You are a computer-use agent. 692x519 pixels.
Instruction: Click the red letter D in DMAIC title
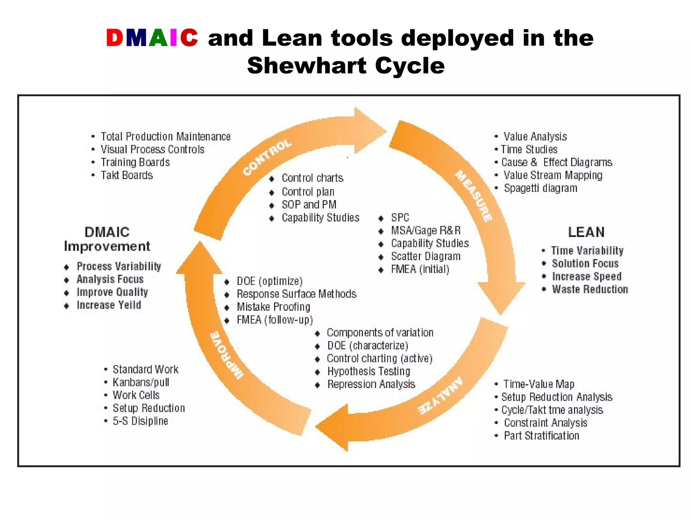coord(115,38)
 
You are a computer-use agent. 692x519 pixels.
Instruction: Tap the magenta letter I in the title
coord(173,38)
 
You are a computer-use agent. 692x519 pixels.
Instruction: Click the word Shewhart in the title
coord(306,66)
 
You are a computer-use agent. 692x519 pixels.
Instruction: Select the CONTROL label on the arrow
coord(267,157)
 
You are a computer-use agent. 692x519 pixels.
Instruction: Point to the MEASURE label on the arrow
coord(474,196)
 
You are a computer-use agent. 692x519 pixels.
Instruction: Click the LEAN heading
coord(586,232)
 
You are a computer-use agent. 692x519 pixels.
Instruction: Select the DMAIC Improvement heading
coord(107,239)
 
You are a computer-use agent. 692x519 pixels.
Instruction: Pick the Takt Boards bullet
coord(127,175)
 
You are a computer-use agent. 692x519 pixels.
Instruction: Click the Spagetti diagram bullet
coord(540,188)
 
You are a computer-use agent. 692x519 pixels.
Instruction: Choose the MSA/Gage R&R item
coord(426,231)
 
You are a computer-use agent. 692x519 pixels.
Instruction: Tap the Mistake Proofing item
coord(273,307)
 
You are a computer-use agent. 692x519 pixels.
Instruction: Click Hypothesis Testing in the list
coord(368,372)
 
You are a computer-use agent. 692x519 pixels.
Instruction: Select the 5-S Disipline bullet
coord(140,421)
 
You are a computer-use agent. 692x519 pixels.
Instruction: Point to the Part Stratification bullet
coord(541,436)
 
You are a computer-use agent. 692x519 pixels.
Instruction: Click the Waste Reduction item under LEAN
coord(590,290)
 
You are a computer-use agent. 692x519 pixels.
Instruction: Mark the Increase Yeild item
coord(108,305)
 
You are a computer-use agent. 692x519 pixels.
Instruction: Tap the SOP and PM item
coord(309,205)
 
